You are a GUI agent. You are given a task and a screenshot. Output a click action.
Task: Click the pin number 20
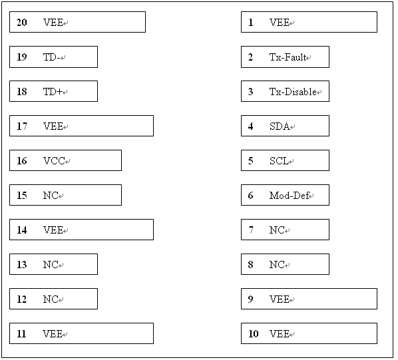tap(22, 23)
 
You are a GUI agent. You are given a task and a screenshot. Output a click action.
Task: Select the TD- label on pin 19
tap(51, 57)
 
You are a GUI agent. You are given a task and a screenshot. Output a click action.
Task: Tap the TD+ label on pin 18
tap(53, 92)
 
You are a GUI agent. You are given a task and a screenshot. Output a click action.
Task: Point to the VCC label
tap(54, 161)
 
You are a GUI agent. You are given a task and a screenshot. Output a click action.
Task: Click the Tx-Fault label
tap(288, 57)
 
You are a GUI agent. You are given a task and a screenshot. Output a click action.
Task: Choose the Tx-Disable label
tap(293, 92)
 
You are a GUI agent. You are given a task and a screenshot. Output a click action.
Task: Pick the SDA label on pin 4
tap(280, 126)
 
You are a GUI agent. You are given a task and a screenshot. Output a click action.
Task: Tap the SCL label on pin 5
tap(279, 161)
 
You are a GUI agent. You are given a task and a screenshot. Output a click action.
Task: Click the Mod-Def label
tap(289, 196)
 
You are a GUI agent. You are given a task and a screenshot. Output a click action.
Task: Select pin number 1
tap(251, 23)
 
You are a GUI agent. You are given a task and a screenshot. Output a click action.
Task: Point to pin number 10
tap(254, 333)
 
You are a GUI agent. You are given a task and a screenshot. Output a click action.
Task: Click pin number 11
tap(21, 333)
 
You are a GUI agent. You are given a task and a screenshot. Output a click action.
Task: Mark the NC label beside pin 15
tap(51, 196)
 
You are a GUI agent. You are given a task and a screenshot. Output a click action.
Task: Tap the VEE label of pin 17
tap(53, 126)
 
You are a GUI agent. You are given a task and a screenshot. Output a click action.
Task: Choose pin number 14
tap(22, 230)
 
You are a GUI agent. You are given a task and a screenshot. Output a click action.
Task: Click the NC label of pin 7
tap(277, 230)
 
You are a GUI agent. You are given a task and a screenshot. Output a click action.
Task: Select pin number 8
tap(250, 265)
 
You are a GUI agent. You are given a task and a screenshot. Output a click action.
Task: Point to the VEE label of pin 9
tap(280, 299)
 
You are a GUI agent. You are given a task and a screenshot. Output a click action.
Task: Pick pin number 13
tap(22, 265)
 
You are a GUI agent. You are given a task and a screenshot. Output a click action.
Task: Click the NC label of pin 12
tap(51, 299)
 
